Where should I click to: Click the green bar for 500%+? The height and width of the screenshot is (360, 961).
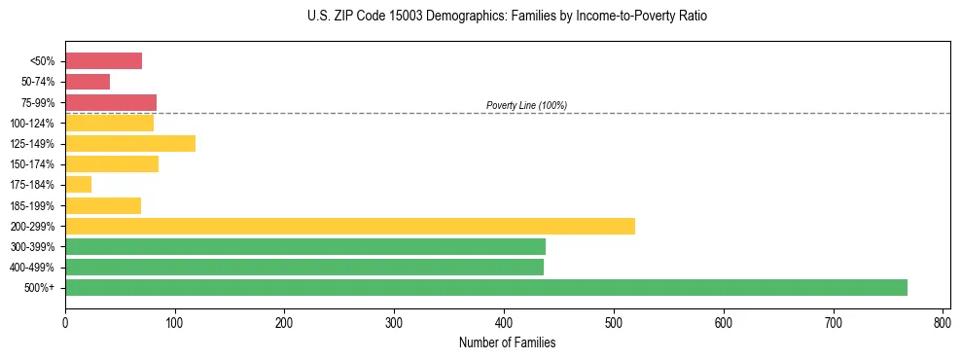click(x=486, y=288)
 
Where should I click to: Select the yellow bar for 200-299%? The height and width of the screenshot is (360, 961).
click(x=350, y=226)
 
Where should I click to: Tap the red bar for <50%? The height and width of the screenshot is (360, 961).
click(x=103, y=61)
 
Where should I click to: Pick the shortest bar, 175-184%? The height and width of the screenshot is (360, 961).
click(x=78, y=185)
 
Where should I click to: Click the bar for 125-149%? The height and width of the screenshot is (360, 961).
click(x=130, y=144)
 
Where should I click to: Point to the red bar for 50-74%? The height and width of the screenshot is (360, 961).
click(x=88, y=82)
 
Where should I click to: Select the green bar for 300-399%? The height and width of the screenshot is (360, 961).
click(x=305, y=247)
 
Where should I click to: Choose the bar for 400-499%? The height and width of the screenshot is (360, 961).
click(x=304, y=268)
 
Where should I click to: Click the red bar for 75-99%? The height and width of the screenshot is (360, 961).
click(x=111, y=102)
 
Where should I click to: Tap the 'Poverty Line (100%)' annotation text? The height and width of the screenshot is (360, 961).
click(x=526, y=105)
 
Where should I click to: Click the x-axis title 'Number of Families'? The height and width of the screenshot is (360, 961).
click(x=508, y=342)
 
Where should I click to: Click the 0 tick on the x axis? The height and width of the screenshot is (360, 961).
click(x=65, y=321)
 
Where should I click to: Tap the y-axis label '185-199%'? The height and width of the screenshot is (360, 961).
click(x=32, y=205)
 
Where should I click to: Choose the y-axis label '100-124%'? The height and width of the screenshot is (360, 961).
click(x=32, y=124)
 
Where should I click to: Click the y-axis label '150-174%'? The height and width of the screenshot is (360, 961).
click(x=32, y=164)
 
